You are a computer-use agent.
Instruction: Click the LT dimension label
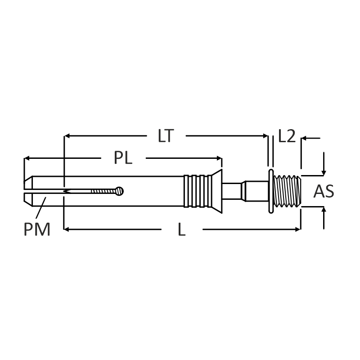(166, 136)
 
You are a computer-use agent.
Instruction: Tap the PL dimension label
(123, 158)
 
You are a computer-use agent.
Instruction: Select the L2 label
(287, 136)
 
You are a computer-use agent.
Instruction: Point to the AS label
(324, 191)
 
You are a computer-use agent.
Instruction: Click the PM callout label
(37, 229)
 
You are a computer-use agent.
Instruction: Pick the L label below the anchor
(182, 229)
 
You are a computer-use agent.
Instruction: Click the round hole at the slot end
(119, 191)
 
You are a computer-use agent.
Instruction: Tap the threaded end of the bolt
(287, 191)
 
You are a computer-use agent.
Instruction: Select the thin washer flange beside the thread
(271, 191)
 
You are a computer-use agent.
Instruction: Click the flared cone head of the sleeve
(217, 191)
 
